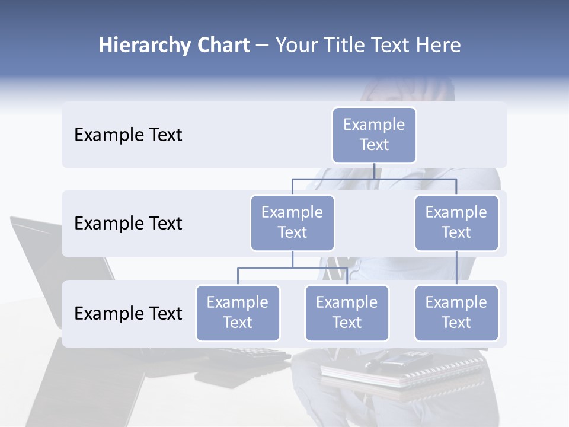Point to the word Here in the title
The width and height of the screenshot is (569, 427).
coord(439,46)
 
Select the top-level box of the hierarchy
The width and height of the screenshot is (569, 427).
coord(374,135)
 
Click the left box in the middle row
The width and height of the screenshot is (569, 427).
coord(292,222)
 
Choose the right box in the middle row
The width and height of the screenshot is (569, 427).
coord(456,222)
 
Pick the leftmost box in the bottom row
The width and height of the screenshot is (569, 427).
coord(238,313)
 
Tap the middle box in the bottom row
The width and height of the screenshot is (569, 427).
coord(347,313)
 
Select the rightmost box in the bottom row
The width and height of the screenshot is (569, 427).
coord(456,313)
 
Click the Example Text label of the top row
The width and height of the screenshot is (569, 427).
coord(128,135)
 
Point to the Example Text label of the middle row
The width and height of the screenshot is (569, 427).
coord(128,223)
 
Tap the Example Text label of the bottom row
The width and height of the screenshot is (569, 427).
coord(128,313)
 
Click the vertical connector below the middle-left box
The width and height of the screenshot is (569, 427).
coord(292,259)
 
